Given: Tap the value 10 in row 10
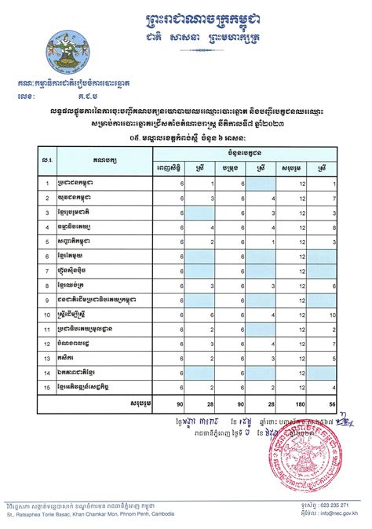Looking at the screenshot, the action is pos(335,315).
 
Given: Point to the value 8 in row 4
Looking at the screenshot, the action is pos(335,227).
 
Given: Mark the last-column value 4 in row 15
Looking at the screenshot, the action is pos(335,388).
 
